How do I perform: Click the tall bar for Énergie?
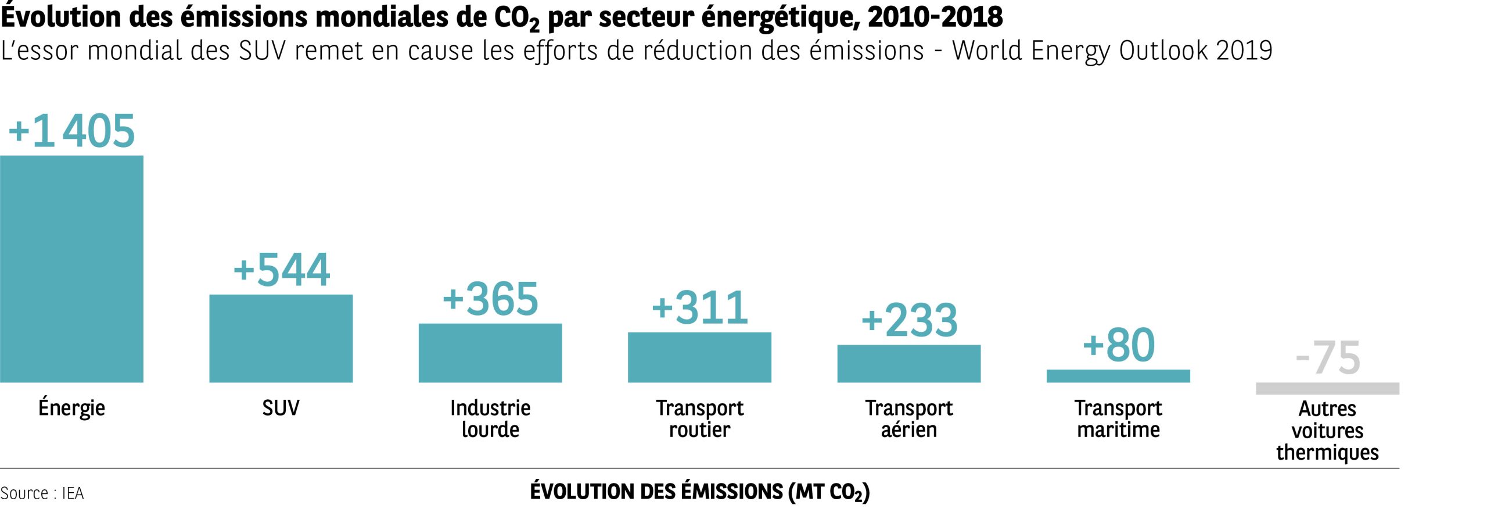tap(71, 268)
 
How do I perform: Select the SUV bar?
tap(281, 338)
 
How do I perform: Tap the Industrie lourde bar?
tap(490, 353)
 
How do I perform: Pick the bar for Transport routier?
tap(699, 357)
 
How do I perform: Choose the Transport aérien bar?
tap(908, 363)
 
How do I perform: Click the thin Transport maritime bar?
tap(1118, 376)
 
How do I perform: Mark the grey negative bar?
tap(1327, 388)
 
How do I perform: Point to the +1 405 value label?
tap(71, 131)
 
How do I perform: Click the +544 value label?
tap(282, 270)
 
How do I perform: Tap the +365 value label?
tap(491, 299)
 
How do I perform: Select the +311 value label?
tap(700, 307)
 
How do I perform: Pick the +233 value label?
tap(909, 320)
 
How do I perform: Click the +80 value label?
tap(1119, 345)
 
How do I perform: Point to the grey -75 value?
tap(1328, 358)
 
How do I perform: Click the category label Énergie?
tap(71, 408)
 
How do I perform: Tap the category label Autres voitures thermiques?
tap(1327, 430)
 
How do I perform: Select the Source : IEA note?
tap(42, 493)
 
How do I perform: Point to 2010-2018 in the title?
tap(935, 17)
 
